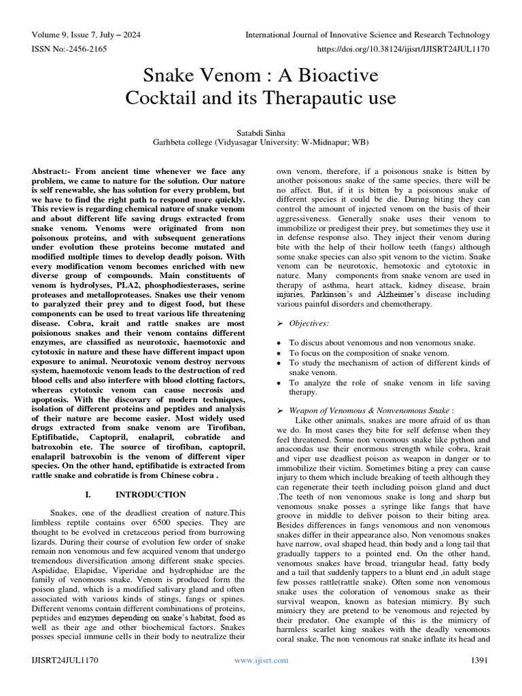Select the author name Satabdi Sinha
(261, 132)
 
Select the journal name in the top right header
(367, 35)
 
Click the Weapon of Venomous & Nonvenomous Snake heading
(370, 411)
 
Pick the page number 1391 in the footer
(480, 660)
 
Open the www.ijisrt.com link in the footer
(261, 660)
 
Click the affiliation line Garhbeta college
(261, 143)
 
